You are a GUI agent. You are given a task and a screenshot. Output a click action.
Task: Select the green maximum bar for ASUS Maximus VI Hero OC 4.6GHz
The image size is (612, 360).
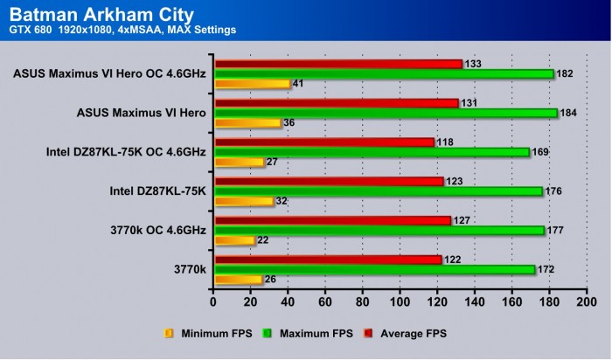[x=384, y=73]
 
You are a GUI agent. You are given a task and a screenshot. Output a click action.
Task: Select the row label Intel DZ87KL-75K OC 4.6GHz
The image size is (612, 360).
[x=126, y=152]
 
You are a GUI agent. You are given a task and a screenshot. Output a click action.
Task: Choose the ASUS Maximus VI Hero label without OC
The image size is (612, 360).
[x=141, y=113]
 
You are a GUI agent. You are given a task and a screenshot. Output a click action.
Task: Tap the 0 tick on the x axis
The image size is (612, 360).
[x=213, y=302]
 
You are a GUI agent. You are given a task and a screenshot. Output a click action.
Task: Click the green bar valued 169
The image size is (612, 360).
[x=372, y=152]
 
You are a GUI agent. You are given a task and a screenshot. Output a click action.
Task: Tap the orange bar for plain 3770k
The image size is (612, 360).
[x=238, y=280]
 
